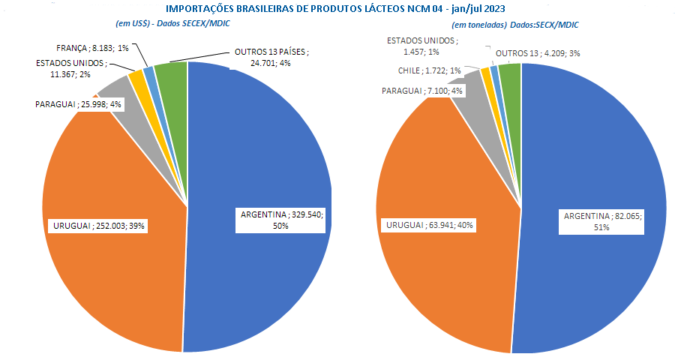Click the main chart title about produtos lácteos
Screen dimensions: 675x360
point(335,8)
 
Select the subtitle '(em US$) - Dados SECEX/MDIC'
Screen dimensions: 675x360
point(172,24)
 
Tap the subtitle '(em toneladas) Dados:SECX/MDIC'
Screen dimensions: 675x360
point(514,25)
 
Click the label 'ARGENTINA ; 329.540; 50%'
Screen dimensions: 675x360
point(280,220)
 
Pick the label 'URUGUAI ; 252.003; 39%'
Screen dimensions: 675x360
point(98,226)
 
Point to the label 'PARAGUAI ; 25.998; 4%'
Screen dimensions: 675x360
point(78,104)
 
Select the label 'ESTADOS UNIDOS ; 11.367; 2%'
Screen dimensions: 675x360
point(70,68)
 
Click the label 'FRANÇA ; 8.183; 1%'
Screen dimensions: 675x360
point(92,48)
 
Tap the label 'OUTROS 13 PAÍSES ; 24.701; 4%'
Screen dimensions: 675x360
point(271,57)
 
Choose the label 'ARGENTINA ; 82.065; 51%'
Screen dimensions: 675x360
point(601,222)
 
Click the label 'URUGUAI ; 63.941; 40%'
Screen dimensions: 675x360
point(429,225)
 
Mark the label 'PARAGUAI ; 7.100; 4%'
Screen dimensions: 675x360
point(421,91)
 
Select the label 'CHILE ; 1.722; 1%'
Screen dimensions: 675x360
point(429,70)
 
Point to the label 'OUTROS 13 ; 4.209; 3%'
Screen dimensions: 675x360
point(538,53)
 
